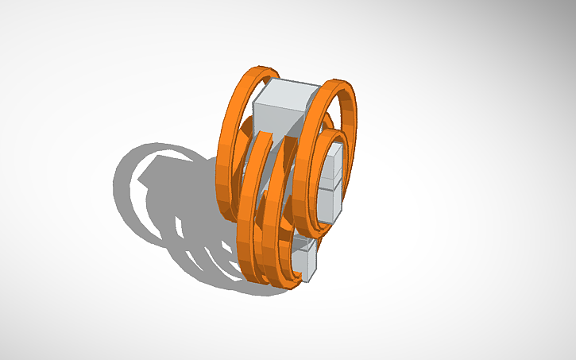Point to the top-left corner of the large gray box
[254, 103]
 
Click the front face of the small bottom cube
[301, 262]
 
